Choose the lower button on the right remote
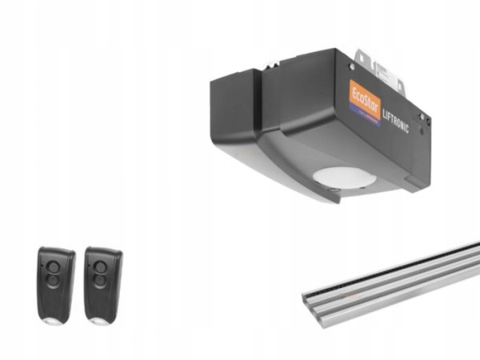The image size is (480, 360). click(x=100, y=282)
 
